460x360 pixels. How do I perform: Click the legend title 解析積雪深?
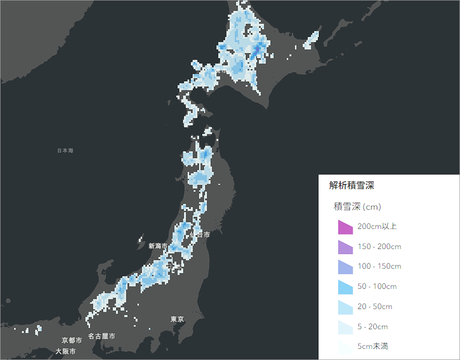(352, 186)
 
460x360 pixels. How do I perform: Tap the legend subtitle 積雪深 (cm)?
(357, 207)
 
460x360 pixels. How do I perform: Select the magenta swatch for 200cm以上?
(345, 227)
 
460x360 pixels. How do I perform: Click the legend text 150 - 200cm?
(379, 247)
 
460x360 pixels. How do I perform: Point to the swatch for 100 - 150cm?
(345, 267)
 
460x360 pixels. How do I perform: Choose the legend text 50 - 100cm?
(377, 286)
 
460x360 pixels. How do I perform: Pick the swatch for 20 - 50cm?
(345, 307)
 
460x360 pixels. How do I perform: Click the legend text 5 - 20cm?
(373, 327)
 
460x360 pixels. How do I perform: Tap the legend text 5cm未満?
(373, 346)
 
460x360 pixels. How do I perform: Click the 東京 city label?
(178, 319)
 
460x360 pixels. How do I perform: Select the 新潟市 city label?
(158, 246)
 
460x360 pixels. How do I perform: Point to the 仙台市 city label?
(200, 235)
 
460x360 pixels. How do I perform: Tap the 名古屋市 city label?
(102, 337)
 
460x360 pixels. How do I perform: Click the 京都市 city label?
(72, 341)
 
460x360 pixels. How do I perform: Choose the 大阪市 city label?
(66, 351)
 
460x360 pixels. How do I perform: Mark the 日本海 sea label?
(65, 151)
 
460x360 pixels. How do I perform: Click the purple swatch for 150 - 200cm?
(345, 247)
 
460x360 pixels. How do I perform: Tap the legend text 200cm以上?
(377, 226)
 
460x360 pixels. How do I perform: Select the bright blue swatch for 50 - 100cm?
(345, 287)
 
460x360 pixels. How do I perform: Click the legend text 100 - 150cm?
(379, 267)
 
